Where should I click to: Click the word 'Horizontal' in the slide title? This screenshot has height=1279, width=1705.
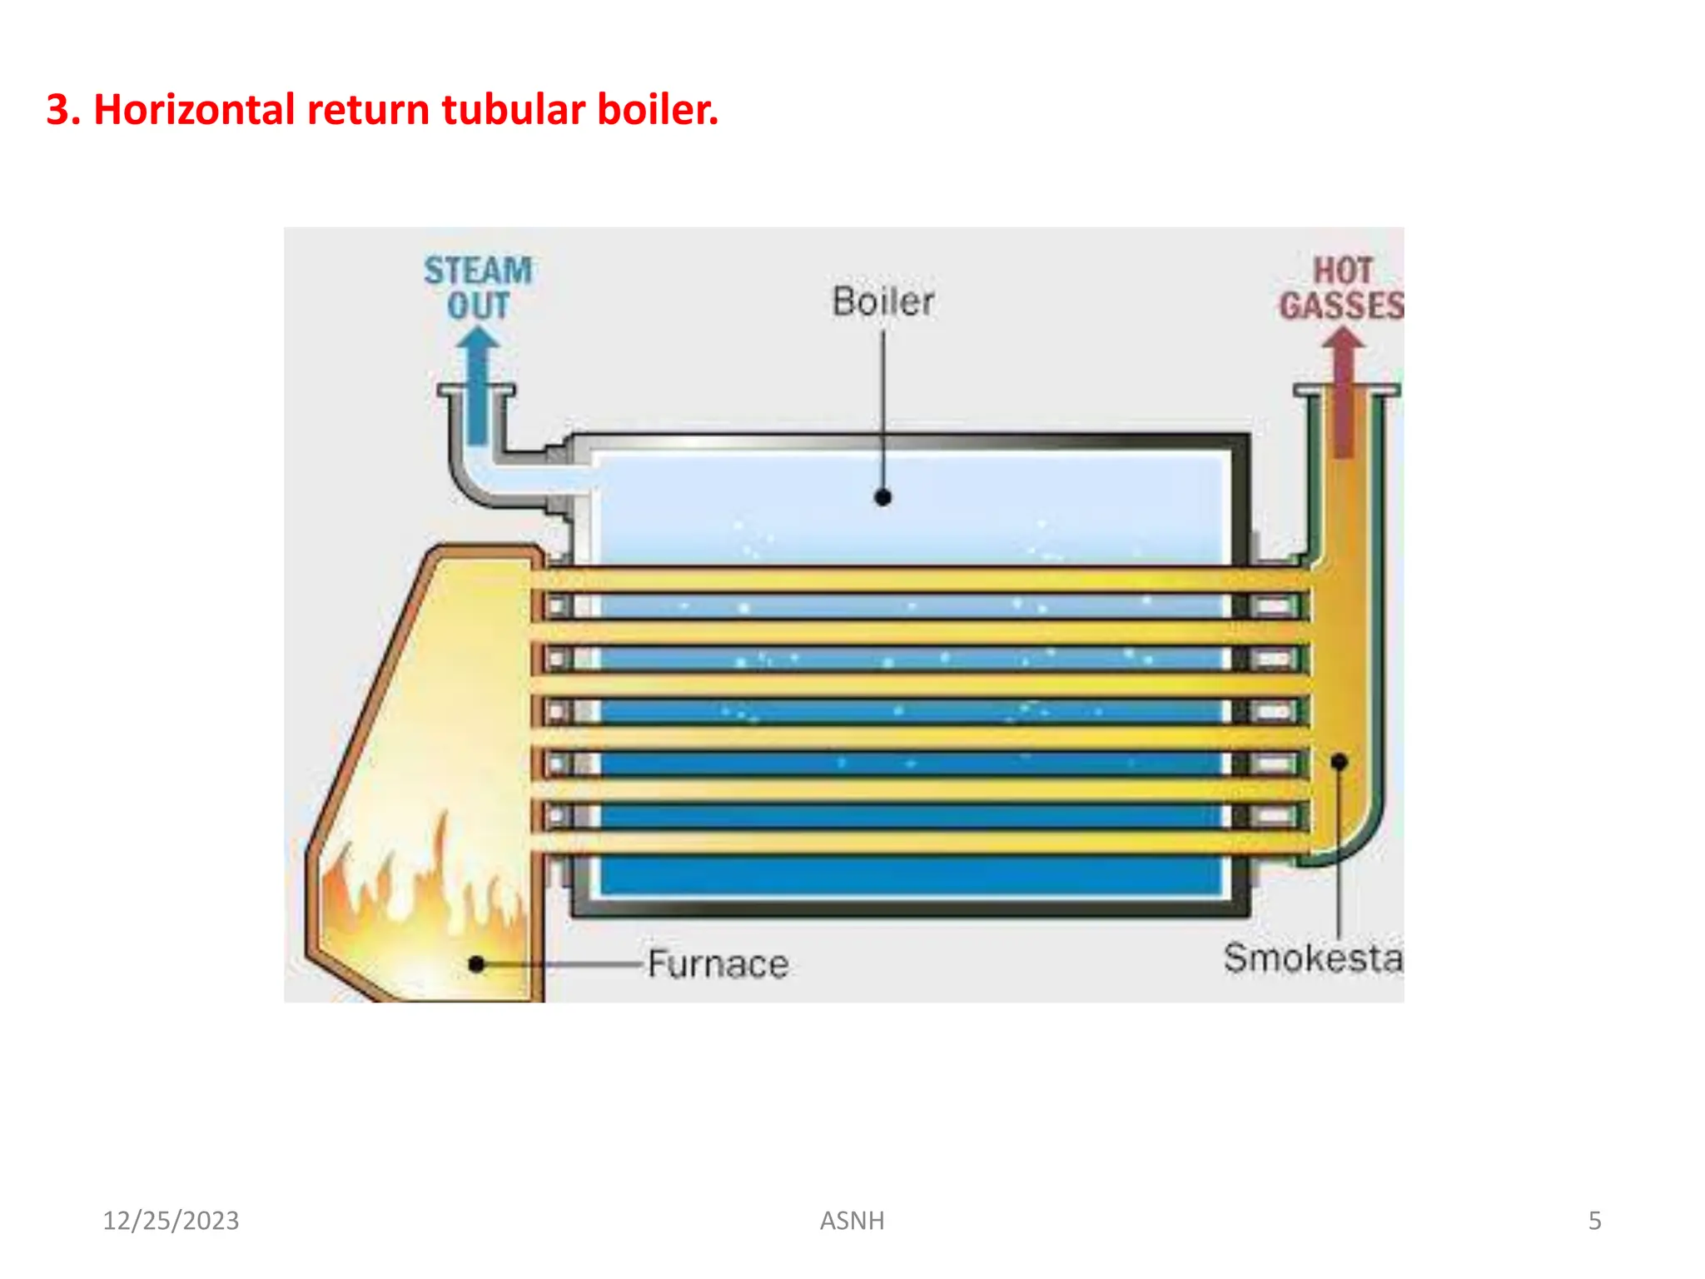[194, 110]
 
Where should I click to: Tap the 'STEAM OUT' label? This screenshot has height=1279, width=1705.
[478, 287]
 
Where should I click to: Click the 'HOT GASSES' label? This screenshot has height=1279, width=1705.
[1341, 288]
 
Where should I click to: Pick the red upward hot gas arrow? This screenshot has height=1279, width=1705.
[1343, 391]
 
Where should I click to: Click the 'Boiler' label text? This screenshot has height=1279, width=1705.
[882, 301]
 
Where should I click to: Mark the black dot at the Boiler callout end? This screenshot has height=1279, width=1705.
[883, 498]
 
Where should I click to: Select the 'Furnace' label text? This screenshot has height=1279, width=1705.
[718, 964]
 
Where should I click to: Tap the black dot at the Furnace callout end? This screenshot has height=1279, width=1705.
[476, 964]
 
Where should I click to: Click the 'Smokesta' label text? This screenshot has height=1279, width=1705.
[1312, 958]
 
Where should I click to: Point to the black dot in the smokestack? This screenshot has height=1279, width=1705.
[1339, 762]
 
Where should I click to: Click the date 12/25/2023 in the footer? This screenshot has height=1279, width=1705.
[171, 1221]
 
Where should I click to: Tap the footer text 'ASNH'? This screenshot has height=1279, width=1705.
[852, 1221]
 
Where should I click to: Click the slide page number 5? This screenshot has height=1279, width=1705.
[1594, 1221]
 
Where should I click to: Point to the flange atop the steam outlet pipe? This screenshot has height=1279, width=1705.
[476, 390]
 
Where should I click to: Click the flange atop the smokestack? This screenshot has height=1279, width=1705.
[1346, 390]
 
